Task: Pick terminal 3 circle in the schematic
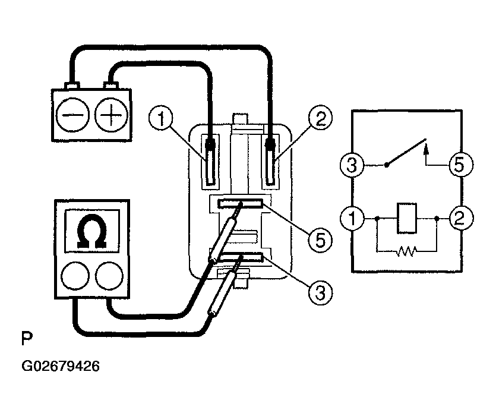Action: point(353,165)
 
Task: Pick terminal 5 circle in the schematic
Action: point(460,165)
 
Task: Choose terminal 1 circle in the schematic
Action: point(353,218)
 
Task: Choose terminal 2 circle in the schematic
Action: point(460,218)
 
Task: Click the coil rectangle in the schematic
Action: point(407,218)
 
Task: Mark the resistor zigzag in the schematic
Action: point(407,251)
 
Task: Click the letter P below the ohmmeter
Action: point(27,339)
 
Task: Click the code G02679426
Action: point(61,366)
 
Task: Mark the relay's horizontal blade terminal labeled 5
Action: point(239,204)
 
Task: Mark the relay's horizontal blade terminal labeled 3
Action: point(239,257)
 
